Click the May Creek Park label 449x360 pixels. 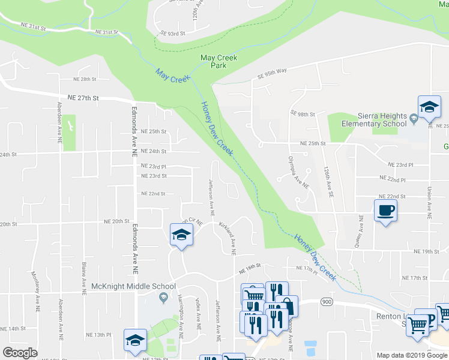tap(218, 62)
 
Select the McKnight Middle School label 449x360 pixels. tap(134, 287)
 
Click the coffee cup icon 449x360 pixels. tap(385, 210)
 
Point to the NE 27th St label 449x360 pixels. tap(83, 98)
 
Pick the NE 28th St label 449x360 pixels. tap(85, 79)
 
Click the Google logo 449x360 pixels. tap(20, 353)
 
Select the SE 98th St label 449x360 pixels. tap(303, 113)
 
